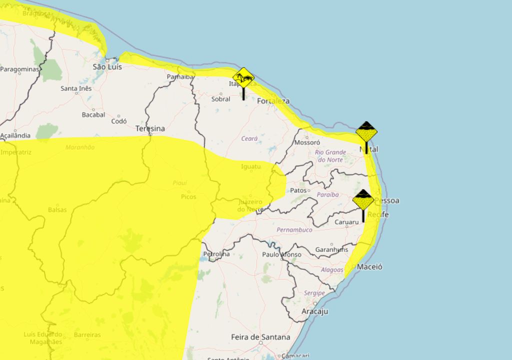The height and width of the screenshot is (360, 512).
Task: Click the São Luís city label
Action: coord(107,66)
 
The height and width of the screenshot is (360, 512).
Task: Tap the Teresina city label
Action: coord(150,128)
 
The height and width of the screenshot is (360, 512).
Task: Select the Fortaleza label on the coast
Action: coord(273,101)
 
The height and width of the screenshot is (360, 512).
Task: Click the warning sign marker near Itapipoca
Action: coord(243,78)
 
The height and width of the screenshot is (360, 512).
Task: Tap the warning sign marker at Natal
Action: coord(366,132)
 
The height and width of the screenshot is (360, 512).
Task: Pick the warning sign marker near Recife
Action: coord(363,200)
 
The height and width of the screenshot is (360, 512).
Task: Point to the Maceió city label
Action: coord(369,266)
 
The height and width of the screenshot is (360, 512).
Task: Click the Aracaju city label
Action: coord(315,311)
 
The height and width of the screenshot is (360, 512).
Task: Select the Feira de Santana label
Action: coord(260,337)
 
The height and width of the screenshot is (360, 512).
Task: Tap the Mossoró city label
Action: coord(307,142)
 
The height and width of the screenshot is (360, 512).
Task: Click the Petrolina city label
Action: coord(216,254)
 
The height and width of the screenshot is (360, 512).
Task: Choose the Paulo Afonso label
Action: coord(282,254)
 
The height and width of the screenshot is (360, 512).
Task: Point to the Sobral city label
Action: coord(220,99)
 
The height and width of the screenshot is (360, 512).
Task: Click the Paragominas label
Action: coord(19,69)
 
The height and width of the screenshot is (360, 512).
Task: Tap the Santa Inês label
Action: coord(76,88)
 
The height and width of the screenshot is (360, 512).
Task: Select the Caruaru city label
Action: coord(347,221)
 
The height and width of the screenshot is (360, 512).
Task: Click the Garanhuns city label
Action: coord(332,249)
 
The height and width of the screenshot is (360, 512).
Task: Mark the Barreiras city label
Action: coord(87,334)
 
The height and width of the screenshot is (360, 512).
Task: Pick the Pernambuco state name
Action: coord(294,230)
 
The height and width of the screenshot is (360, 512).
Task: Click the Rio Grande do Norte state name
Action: coord(330,155)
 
